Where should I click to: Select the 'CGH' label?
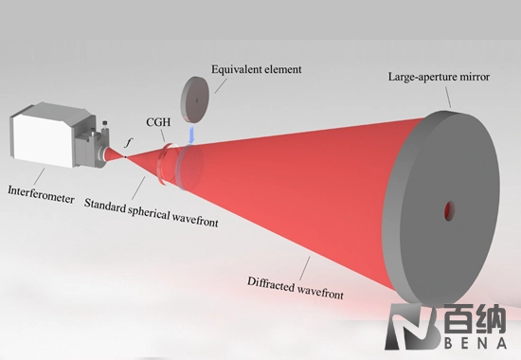(x=158, y=123)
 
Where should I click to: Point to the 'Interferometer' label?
(x=43, y=187)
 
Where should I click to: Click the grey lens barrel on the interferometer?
(x=98, y=145)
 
